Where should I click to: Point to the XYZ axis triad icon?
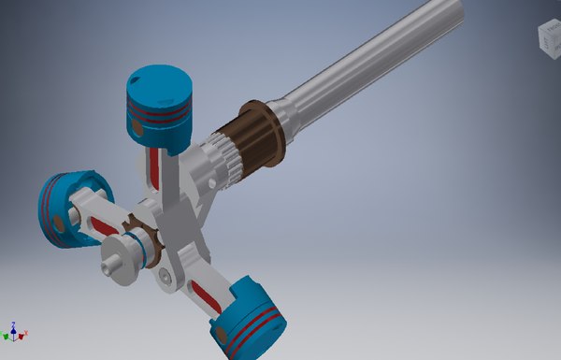pos(14,331)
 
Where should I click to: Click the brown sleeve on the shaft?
pos(245,140)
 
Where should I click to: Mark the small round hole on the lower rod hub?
pos(165,275)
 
